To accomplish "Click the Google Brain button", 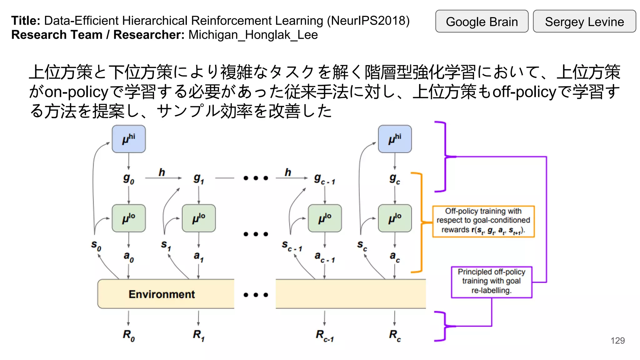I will (x=482, y=22).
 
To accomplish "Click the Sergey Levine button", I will (x=584, y=22).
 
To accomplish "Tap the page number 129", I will (x=617, y=341).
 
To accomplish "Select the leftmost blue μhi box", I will (x=129, y=139).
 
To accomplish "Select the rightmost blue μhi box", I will (x=395, y=139).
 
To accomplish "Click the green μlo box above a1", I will (x=199, y=218).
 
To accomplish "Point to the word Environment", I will (x=162, y=294).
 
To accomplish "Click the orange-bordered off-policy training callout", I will (x=483, y=221).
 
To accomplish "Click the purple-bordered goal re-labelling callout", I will (x=491, y=282).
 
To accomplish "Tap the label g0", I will (x=128, y=179).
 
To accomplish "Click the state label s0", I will (x=96, y=245).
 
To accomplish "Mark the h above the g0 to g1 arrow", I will (x=162, y=172).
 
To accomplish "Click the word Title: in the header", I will (x=26, y=21).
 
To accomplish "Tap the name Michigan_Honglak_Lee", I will (x=253, y=35).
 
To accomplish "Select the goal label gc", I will (x=395, y=179).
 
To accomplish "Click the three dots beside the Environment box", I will (x=256, y=295).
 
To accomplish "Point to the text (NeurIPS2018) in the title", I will (x=368, y=21).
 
